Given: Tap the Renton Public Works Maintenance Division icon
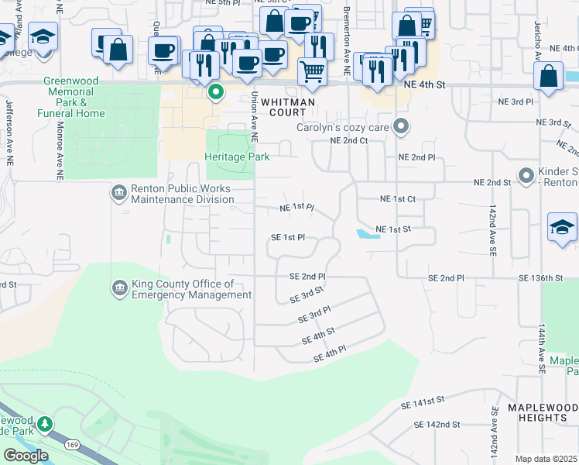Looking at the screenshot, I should pyautogui.click(x=118, y=191).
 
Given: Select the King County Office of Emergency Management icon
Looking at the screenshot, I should pyautogui.click(x=118, y=288).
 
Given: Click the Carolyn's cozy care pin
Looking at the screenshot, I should pyautogui.click(x=400, y=126).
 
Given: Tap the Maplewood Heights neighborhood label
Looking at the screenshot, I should pyautogui.click(x=538, y=412).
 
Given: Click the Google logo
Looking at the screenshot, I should pyautogui.click(x=26, y=455).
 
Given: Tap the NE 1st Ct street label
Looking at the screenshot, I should pyautogui.click(x=398, y=199).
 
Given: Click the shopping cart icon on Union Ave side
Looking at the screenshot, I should pyautogui.click(x=312, y=71).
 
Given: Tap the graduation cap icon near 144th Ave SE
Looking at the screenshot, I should pyautogui.click(x=562, y=227).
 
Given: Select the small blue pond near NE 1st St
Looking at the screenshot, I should pyautogui.click(x=367, y=234).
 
